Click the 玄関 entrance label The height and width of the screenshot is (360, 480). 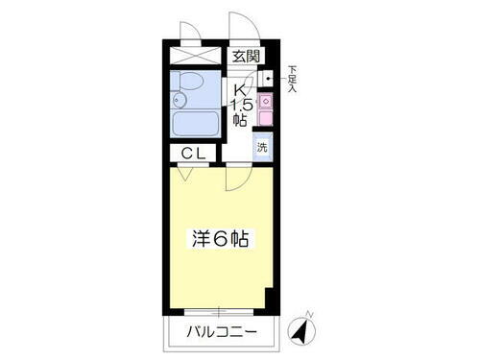(x=244, y=56)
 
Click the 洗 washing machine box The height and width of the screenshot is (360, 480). (x=262, y=147)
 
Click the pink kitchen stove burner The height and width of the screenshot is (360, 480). (x=265, y=101)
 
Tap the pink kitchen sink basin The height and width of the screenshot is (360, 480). (x=265, y=118)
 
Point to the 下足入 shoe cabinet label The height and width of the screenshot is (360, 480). (x=292, y=77)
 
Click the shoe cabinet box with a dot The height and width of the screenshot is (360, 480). (x=266, y=78)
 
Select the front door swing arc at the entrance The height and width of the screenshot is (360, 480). (x=240, y=27)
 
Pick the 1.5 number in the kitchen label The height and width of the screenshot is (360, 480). (x=243, y=105)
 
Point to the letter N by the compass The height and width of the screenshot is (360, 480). (x=308, y=313)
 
